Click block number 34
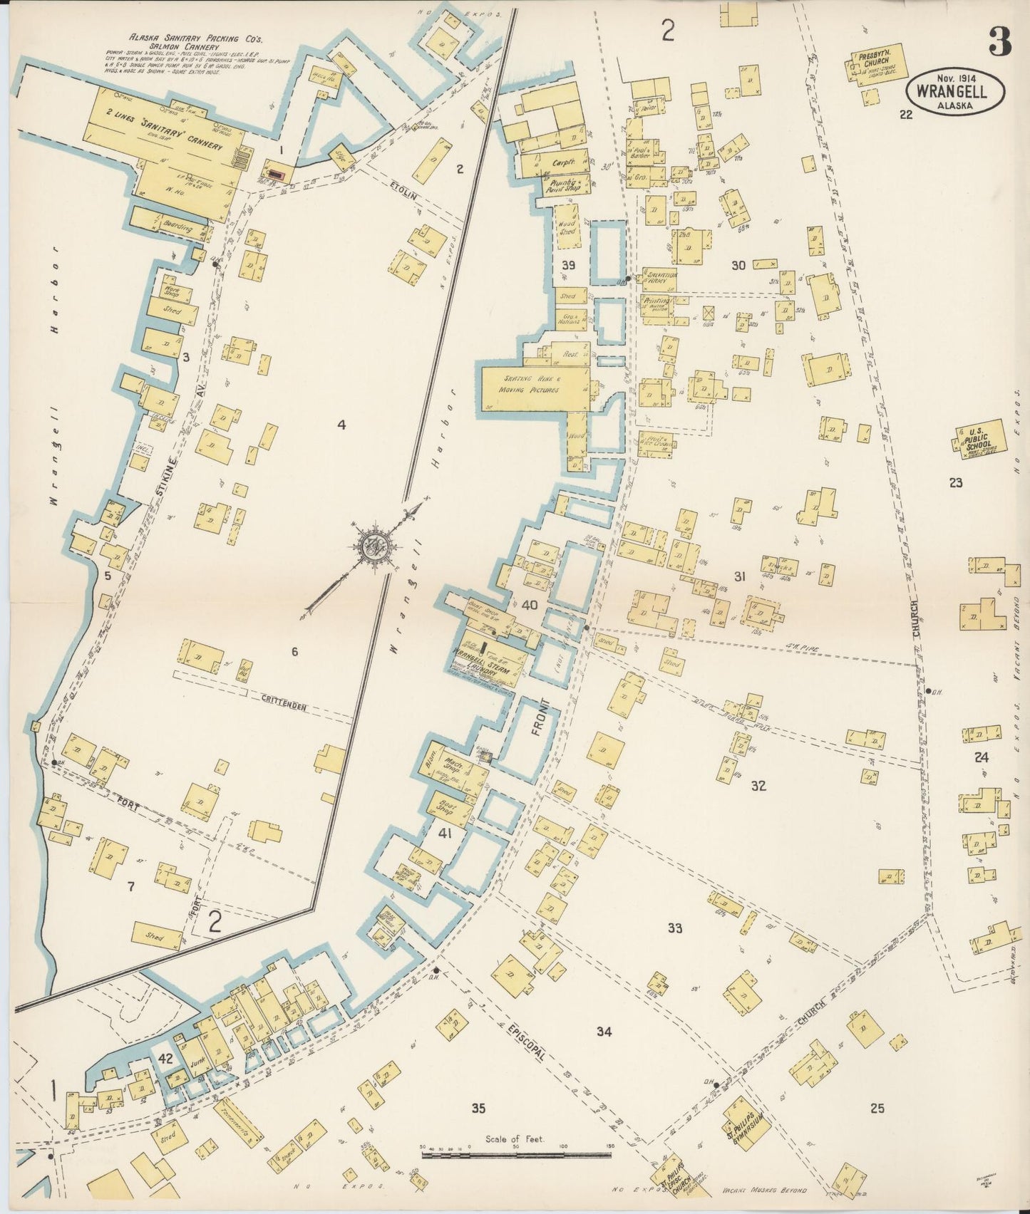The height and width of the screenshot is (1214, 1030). click(x=604, y=1031)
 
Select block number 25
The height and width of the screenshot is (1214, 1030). click(x=877, y=1108)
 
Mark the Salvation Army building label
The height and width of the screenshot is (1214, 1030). click(x=659, y=278)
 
